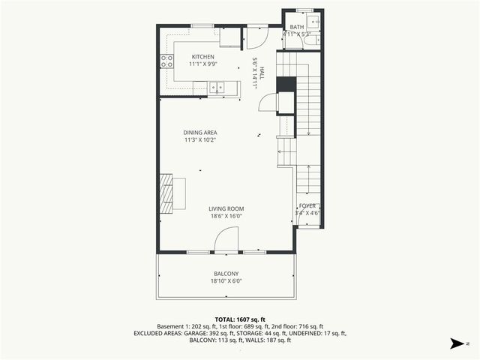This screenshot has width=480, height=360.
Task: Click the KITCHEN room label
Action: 202,57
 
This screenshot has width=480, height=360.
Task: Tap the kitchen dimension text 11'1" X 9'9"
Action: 202,64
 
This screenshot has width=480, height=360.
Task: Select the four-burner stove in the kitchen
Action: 166,62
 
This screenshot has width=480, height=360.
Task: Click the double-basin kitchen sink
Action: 216,87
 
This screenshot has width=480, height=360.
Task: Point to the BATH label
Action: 297,27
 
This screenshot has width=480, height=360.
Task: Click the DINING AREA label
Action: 200,133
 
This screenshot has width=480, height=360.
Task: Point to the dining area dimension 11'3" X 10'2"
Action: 200,140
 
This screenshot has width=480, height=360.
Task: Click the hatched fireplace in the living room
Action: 165,193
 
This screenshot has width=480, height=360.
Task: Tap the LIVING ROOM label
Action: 226,208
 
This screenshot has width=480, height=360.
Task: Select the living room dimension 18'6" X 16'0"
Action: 226,216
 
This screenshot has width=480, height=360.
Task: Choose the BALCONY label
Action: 226,274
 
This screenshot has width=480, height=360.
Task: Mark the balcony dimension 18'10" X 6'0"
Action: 226,281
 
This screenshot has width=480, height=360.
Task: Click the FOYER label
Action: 308,205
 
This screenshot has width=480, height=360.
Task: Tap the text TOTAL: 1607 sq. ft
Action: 240,319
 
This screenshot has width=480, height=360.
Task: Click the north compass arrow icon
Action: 456,343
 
